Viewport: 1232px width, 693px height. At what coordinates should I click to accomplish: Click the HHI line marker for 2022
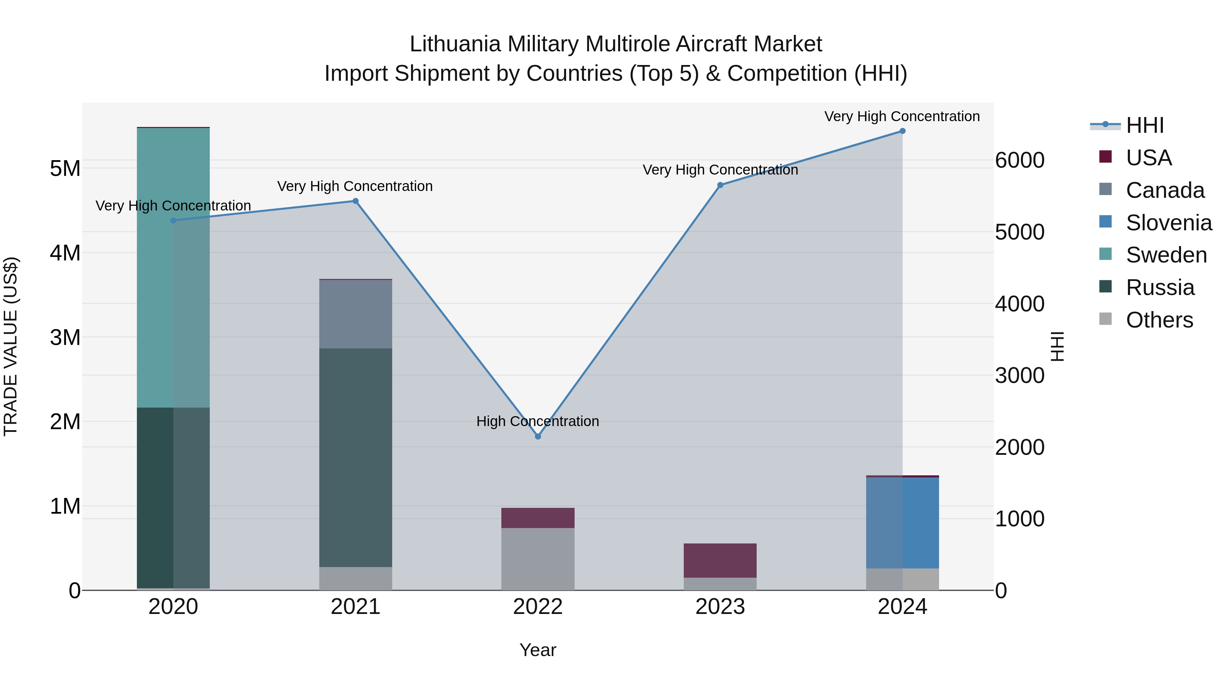tap(538, 436)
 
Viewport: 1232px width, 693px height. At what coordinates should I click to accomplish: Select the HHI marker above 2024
tap(902, 131)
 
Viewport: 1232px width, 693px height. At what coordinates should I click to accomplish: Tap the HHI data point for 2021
tap(355, 201)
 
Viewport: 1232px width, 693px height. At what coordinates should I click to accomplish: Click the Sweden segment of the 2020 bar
tap(173, 268)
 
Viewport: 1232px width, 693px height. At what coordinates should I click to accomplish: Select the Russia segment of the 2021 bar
tap(355, 457)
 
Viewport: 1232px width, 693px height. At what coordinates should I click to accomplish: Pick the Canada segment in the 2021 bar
tap(355, 314)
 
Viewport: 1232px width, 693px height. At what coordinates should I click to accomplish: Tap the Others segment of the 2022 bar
tap(538, 559)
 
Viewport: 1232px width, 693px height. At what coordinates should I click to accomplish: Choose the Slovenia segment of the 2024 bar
tap(902, 522)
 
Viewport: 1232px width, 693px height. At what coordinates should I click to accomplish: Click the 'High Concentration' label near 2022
tap(538, 421)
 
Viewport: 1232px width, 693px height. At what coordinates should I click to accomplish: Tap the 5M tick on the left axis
tap(65, 168)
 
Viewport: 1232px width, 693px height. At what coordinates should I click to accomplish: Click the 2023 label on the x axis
tap(720, 606)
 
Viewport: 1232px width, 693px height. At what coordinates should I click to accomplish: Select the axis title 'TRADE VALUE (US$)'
tap(11, 346)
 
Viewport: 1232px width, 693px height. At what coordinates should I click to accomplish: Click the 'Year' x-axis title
tap(538, 650)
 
